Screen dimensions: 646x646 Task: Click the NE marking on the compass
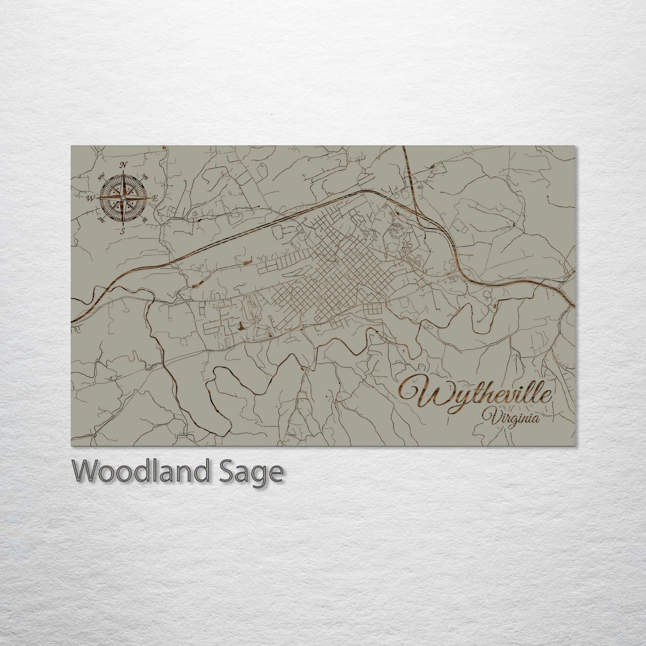[x=144, y=177]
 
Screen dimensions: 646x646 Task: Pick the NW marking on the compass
[x=100, y=176]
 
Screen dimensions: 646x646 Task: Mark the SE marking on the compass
[x=144, y=220]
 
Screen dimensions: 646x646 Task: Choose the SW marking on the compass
[x=102, y=219]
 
